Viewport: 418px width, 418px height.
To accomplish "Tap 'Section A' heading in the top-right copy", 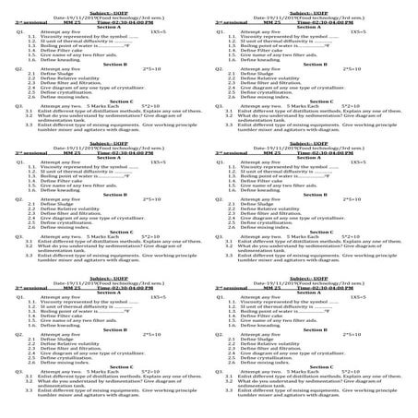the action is [315, 27].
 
